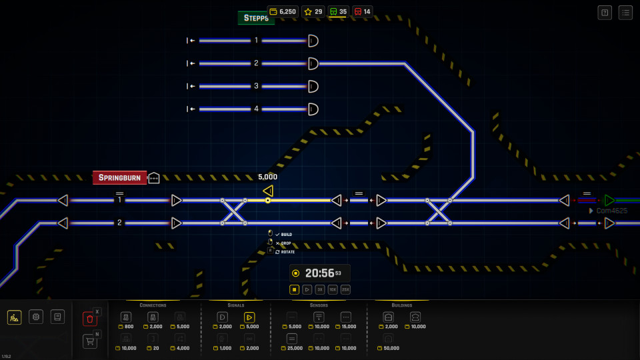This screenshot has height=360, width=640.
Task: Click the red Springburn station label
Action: pos(119,177)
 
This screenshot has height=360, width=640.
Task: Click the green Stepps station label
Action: pos(256,18)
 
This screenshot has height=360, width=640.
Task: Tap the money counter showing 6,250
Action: pos(283,11)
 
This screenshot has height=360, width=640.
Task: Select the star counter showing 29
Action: pos(313,11)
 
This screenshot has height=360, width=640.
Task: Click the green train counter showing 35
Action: pos(338,11)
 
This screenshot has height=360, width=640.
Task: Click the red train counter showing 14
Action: pos(362,11)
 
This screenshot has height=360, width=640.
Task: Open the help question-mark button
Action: pos(605,12)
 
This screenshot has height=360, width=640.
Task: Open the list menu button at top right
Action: pos(625,12)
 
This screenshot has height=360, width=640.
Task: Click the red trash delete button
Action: pos(90,319)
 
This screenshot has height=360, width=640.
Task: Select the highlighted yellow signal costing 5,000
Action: pos(249,317)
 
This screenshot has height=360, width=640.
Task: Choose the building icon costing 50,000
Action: pos(389,339)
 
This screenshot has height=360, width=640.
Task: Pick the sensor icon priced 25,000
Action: pos(292,339)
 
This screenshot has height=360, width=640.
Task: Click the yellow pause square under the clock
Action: pos(294,289)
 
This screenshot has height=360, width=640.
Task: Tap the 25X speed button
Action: pos(345,289)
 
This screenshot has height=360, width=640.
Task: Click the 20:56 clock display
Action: pos(320,273)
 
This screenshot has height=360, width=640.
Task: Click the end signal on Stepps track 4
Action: pos(313,109)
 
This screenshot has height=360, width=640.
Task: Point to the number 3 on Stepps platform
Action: pos(256,86)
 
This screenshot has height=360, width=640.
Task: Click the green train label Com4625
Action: pos(611,211)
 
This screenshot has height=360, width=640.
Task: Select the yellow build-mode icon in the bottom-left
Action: pos(14,317)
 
